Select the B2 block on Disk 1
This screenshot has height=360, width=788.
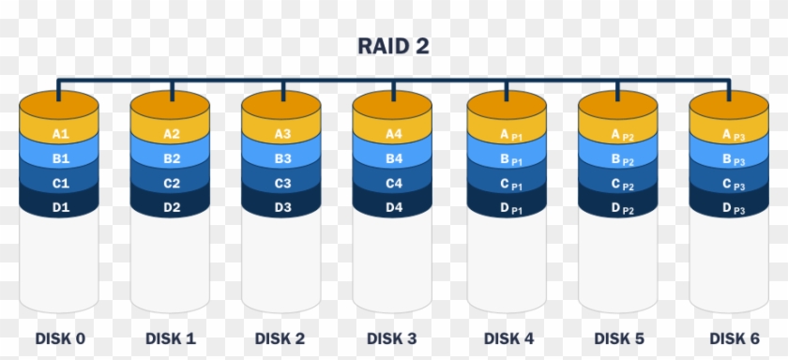(172, 158)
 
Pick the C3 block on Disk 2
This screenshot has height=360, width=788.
(282, 184)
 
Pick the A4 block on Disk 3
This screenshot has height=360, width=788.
(393, 134)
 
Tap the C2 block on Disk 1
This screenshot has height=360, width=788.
(172, 184)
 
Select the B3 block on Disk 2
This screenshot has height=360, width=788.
(282, 158)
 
